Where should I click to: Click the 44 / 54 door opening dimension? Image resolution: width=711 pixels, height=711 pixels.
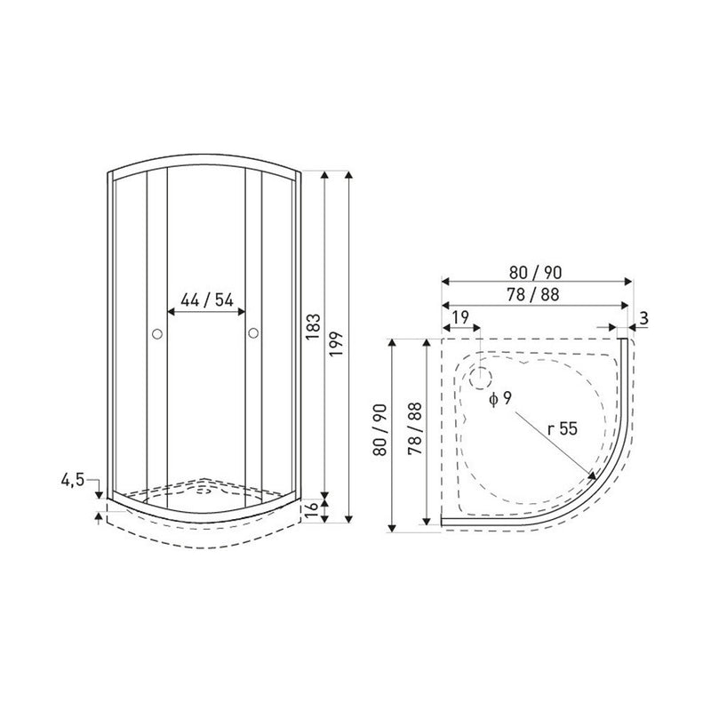tap(207, 300)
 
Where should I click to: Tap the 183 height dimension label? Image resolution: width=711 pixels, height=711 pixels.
tap(314, 327)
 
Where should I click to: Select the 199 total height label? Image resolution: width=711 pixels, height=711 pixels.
tap(336, 344)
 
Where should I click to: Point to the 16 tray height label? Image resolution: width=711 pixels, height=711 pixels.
tap(313, 512)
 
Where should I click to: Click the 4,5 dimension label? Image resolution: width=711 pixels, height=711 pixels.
tap(73, 480)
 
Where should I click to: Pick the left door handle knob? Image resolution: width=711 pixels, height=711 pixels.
tap(157, 334)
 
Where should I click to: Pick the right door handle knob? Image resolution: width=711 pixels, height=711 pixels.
tap(253, 333)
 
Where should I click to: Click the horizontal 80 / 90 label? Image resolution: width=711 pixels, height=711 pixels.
tap(536, 273)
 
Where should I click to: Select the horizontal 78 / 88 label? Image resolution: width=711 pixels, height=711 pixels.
tap(533, 295)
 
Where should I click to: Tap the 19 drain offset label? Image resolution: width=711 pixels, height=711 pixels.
tap(460, 317)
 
